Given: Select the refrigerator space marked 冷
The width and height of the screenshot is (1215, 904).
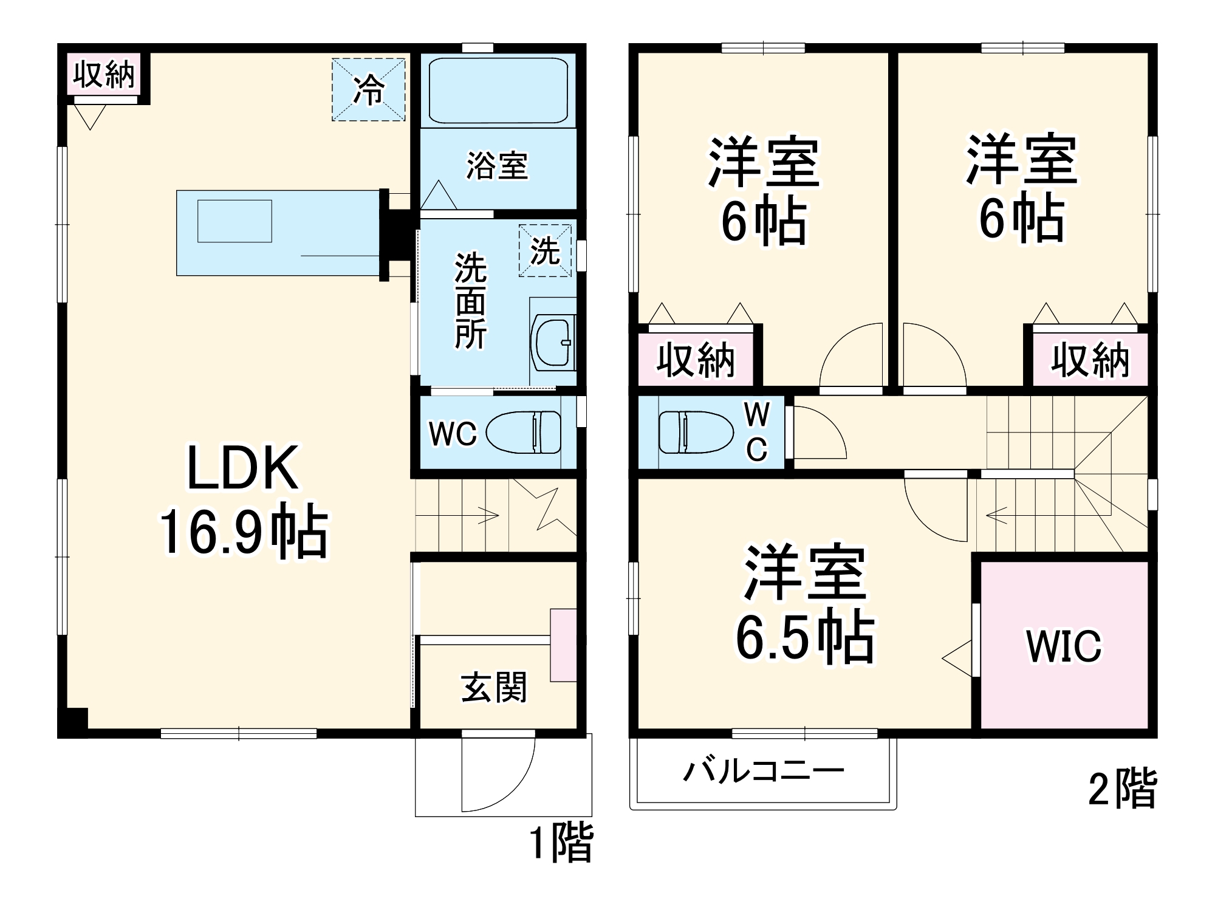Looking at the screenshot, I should click(368, 90).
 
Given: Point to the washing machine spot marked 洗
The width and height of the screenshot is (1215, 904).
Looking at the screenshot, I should click(545, 250).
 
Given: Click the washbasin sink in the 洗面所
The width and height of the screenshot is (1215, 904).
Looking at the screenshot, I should click(553, 343).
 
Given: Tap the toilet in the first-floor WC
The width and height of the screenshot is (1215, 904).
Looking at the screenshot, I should click(524, 432).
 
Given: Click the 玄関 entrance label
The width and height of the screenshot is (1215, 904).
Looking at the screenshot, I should click(494, 688).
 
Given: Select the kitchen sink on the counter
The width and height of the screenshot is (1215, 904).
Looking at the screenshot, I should click(234, 221).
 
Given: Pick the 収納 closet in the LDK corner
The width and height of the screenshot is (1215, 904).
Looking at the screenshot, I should click(104, 74).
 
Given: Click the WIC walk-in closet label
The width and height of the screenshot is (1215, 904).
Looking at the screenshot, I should click(1064, 646).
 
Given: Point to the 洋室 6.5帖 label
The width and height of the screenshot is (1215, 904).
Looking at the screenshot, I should click(805, 604).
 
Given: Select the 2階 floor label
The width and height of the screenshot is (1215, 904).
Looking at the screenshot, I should click(1122, 790).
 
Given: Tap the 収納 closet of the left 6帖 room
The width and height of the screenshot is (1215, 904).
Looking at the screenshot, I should click(696, 360).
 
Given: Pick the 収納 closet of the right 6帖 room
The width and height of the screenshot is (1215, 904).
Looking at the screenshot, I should click(1090, 360).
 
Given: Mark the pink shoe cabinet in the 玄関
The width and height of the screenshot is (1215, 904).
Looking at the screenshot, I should click(563, 645).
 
